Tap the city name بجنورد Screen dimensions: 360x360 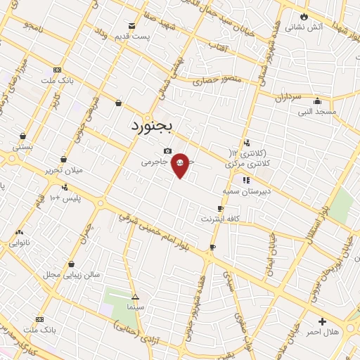coord(155,127)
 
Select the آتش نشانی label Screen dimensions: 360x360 coord(322,27)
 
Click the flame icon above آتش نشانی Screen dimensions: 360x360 coord(304,15)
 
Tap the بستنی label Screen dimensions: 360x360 coord(22,147)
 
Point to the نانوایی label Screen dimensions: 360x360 coord(20,243)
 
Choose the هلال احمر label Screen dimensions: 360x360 coord(324,331)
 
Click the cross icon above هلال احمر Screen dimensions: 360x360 coord(322,321)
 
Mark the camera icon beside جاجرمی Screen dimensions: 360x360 coord(167,150)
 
